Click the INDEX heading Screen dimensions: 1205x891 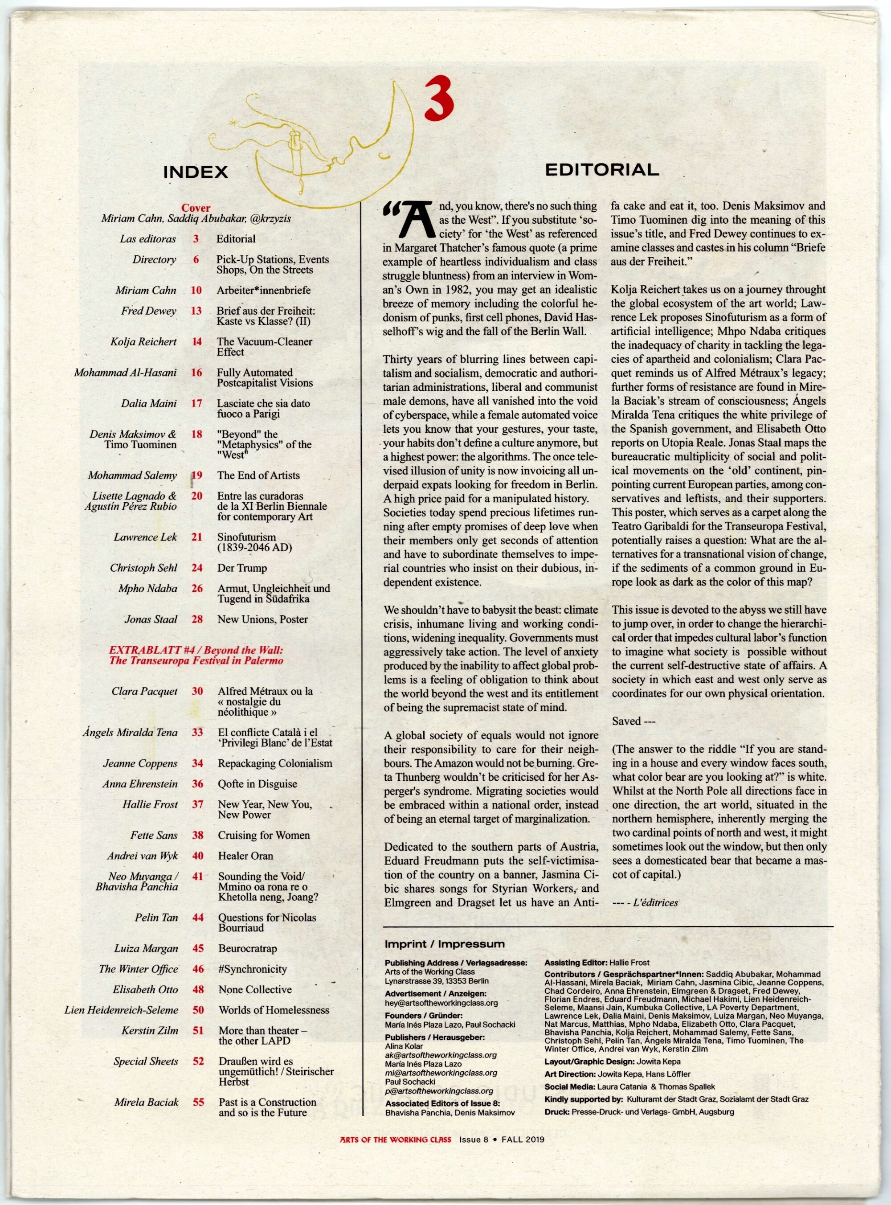(195, 172)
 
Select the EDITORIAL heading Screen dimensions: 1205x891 (602, 170)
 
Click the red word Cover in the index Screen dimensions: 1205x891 (196, 208)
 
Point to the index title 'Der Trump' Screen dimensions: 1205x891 (241, 568)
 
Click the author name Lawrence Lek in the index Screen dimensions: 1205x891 (146, 537)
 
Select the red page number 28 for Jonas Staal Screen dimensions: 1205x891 (197, 619)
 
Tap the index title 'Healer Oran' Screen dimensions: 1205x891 (245, 856)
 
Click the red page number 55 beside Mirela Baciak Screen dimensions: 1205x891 (199, 1087)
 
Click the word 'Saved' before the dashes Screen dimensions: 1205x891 (626, 721)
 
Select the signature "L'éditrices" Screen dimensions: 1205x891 (655, 902)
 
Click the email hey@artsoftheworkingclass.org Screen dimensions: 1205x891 (441, 1003)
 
